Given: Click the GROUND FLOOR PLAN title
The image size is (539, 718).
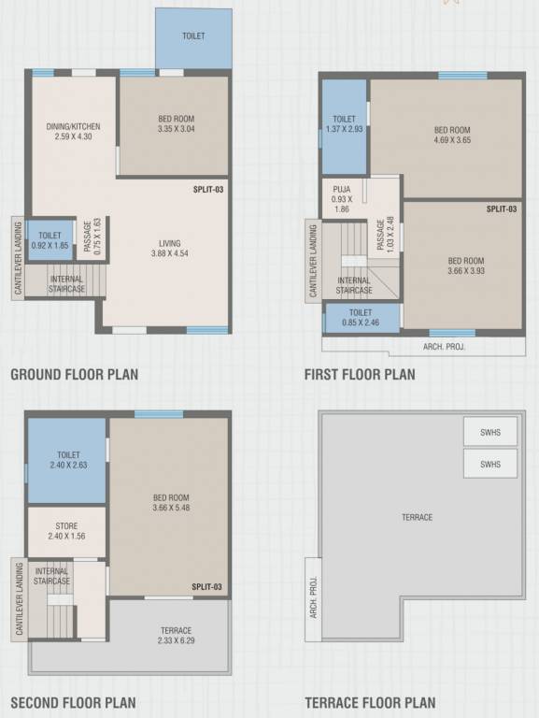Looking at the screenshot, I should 74,375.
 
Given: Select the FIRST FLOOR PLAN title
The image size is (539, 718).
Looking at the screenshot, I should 360,375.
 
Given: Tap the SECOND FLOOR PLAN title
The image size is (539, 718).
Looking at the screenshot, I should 73,703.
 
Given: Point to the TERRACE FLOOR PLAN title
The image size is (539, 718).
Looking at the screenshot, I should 370,703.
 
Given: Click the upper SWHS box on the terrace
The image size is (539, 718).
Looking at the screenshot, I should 490,432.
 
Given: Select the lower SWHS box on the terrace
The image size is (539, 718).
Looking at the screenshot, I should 490,464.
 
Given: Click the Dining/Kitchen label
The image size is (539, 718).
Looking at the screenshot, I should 73,126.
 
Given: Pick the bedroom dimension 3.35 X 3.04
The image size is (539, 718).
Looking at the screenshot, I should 177,129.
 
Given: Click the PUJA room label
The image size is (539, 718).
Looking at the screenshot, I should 341,188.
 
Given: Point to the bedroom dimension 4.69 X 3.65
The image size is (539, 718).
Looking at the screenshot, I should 451,140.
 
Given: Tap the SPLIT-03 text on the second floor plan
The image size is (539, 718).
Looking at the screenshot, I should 207,587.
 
